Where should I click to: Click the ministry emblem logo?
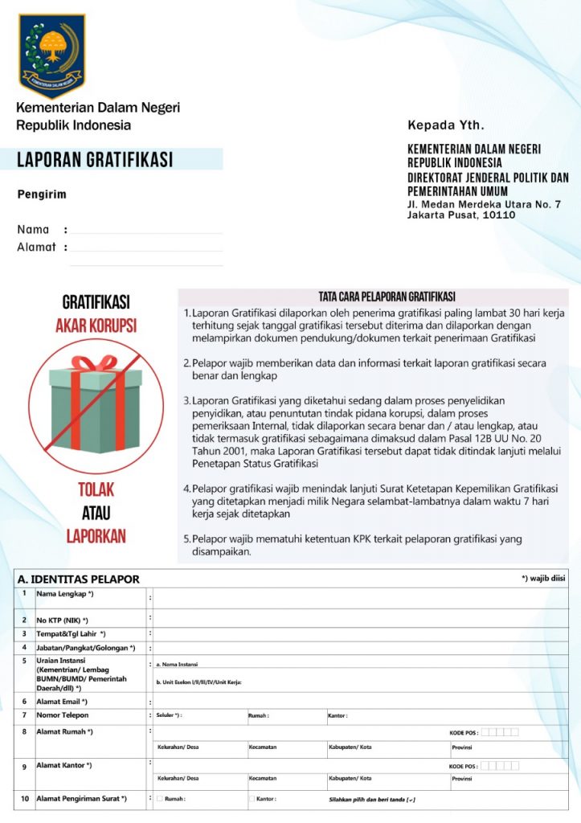(x=52, y=55)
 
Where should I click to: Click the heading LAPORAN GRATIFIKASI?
(x=95, y=160)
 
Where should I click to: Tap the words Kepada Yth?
(x=446, y=125)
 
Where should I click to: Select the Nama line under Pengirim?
(x=145, y=230)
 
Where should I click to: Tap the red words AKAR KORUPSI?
(x=96, y=326)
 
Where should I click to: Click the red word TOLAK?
(x=96, y=489)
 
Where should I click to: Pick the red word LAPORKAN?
(x=96, y=535)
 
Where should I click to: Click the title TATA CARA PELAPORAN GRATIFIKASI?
(x=387, y=297)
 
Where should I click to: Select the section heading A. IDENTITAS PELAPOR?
(x=79, y=579)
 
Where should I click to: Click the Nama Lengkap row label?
(x=65, y=594)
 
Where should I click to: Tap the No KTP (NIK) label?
(x=62, y=620)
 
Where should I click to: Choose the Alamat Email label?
(x=62, y=702)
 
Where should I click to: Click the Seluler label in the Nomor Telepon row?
(x=169, y=715)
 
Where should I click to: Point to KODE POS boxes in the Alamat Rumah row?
(x=500, y=732)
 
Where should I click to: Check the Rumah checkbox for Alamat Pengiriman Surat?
(x=160, y=799)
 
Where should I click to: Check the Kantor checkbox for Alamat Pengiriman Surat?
(x=252, y=799)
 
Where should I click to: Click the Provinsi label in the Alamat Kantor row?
(x=462, y=779)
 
